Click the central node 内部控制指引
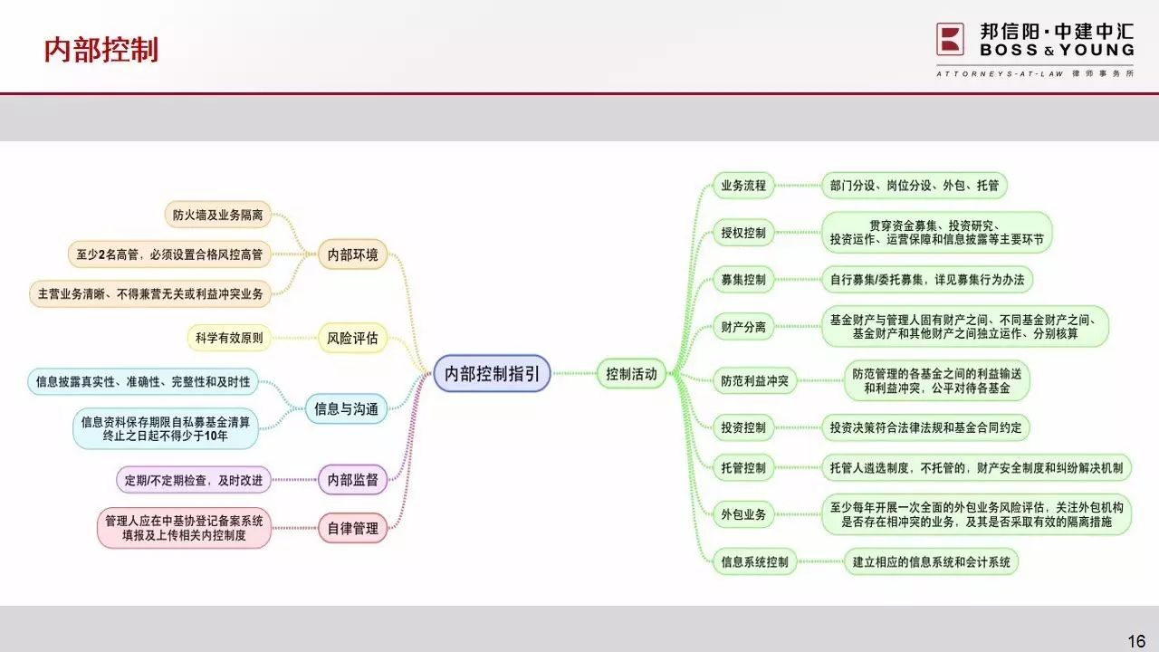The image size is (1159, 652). tap(492, 373)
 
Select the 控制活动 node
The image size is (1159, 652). tap(631, 373)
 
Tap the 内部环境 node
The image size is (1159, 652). tap(352, 254)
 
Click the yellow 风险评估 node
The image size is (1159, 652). tap(352, 338)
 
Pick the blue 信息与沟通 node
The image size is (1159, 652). tap(346, 408)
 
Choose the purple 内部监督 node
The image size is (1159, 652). tap(352, 480)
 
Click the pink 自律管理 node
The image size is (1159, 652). tap(352, 528)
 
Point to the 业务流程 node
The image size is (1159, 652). tap(743, 186)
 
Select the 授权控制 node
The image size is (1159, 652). tap(743, 233)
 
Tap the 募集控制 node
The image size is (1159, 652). tap(743, 280)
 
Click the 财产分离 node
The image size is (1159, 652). tap(743, 327)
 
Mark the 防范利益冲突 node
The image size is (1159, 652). tap(754, 381)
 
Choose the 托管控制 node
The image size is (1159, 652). tap(743, 468)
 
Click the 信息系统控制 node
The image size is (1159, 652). tap(754, 561)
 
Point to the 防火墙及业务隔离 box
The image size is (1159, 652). tap(218, 215)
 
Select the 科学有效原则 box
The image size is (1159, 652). tap(229, 338)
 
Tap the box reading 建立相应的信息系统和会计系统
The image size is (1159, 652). tap(932, 561)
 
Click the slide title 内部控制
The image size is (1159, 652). tap(101, 50)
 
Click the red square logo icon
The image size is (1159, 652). tap(950, 39)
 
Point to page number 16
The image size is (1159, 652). tap(1136, 642)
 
